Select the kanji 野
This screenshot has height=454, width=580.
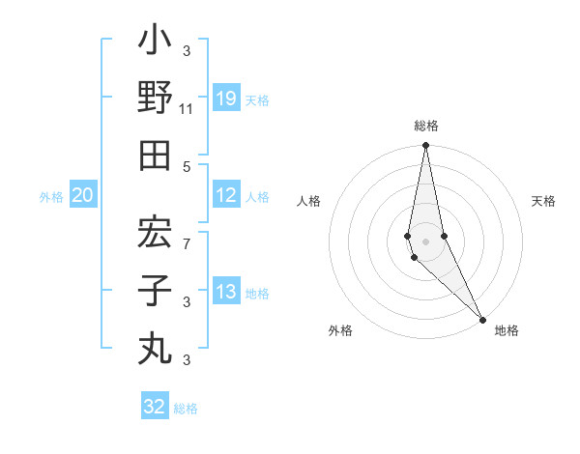[x=155, y=98]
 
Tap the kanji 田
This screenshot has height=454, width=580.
[x=155, y=155]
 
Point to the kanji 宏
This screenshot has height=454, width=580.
[x=155, y=233]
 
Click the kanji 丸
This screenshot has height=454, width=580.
[x=155, y=347]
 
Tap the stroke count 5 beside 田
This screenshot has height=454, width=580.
[x=187, y=166]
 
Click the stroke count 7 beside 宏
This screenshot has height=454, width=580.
[x=187, y=244]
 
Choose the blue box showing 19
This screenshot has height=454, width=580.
[x=226, y=98]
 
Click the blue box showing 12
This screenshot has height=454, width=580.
[x=226, y=195]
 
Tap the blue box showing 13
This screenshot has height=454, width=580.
[x=226, y=292]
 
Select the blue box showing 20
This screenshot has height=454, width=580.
[x=83, y=195]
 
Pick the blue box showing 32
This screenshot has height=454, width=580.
[x=155, y=406]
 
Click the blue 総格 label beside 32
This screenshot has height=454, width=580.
[x=187, y=409]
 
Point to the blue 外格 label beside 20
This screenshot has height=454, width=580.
[x=51, y=197]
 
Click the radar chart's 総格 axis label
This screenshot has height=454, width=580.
[x=426, y=126]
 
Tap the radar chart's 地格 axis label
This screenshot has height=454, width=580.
[x=507, y=330]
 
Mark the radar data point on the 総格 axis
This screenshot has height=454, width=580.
[x=426, y=147]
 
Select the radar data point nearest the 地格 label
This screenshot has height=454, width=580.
[x=482, y=318]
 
